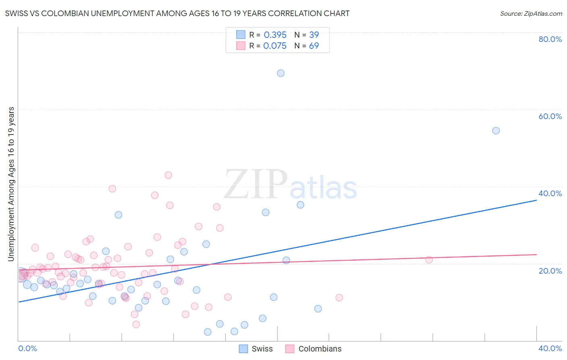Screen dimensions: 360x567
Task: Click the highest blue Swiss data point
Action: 281,73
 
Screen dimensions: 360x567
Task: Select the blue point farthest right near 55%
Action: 496,131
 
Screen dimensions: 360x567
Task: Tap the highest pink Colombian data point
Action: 168,175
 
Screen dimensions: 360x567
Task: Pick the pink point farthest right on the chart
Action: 429,260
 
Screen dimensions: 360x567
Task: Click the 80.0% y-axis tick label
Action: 550,39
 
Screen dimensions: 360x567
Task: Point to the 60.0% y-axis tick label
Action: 550,116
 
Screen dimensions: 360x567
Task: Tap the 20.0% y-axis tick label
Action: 550,271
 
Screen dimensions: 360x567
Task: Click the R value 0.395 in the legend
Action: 275,35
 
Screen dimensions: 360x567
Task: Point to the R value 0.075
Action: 275,46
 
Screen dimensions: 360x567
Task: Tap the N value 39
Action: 314,35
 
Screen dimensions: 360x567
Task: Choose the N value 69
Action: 314,46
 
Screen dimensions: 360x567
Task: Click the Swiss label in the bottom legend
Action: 262,349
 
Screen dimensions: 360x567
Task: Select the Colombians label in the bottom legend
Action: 320,349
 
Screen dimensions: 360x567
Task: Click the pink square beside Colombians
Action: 290,349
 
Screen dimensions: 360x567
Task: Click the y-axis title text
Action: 11,184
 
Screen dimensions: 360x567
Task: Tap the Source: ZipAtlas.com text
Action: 531,14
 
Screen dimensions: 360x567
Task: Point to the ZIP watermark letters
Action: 256,185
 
